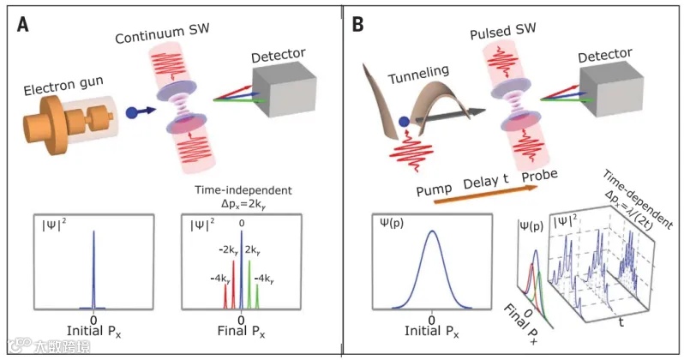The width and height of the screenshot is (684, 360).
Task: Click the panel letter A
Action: pos(25,25)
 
